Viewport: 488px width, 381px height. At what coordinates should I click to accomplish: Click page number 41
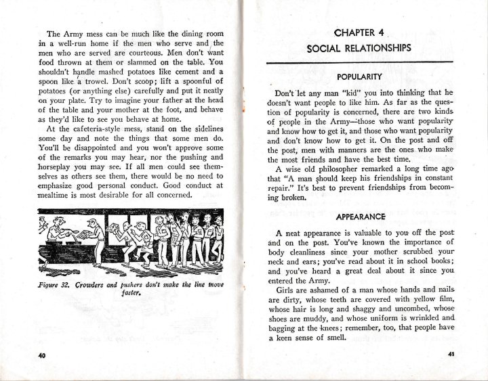click(451, 355)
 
